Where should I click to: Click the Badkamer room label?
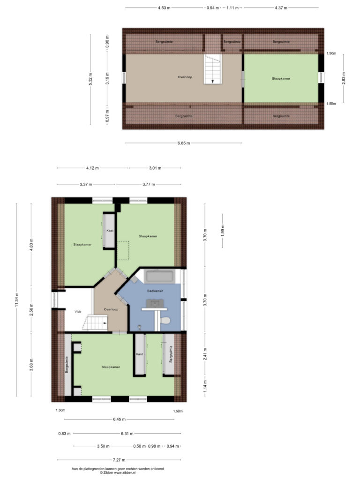155,291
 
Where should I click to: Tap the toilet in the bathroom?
165,321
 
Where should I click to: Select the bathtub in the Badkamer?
159,277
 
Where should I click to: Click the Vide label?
78,312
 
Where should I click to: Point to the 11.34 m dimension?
16,300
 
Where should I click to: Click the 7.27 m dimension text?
119,460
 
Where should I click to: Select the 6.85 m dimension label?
184,143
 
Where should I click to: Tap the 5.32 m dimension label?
90,79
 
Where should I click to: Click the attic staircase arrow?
212,81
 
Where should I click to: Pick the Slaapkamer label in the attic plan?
281,79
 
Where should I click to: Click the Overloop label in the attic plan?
185,77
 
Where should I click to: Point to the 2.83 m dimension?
344,78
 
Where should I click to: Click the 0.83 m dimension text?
64,434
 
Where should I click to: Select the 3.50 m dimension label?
103,446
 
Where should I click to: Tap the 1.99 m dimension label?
223,231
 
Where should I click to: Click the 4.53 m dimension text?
164,8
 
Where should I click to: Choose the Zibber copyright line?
118,472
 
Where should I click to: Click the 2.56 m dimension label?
31,310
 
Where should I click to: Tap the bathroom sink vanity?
155,305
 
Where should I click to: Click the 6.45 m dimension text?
120,419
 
